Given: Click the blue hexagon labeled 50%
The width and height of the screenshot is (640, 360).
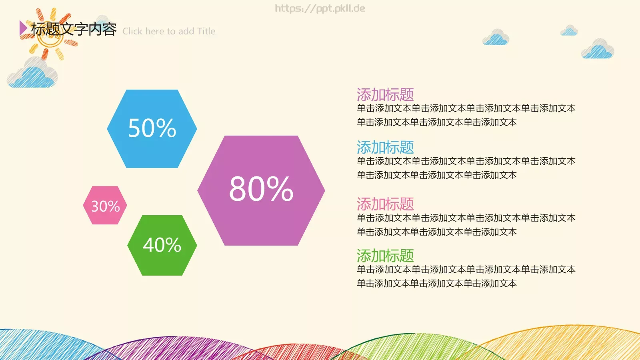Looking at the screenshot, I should pos(152,128).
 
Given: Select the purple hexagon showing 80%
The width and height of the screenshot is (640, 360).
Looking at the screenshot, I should pos(261,190).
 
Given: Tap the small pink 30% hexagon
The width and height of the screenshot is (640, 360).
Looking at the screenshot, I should pos(105,205).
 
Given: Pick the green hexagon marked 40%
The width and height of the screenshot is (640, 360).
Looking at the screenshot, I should pos(162,245).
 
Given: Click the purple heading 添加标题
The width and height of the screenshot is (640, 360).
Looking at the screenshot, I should pos(385,95).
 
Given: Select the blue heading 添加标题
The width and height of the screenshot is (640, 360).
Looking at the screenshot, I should pos(385,147).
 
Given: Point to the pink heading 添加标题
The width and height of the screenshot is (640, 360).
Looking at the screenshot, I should pos(385,204).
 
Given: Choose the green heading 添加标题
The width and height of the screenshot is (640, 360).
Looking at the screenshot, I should pos(385,256).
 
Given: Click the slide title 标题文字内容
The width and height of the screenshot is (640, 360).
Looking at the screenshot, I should pos(74,29).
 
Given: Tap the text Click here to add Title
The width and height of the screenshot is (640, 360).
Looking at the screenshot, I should pos(169,31).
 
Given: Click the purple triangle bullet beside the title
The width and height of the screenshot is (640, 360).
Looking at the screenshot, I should pos(23,28).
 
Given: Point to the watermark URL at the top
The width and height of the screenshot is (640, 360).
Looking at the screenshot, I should pos(320,8).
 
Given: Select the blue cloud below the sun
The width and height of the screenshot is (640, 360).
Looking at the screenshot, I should pos(32,75).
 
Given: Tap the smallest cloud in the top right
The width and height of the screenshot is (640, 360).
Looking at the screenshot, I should pos(569,31).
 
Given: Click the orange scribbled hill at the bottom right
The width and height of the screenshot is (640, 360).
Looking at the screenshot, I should pos(568,344).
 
